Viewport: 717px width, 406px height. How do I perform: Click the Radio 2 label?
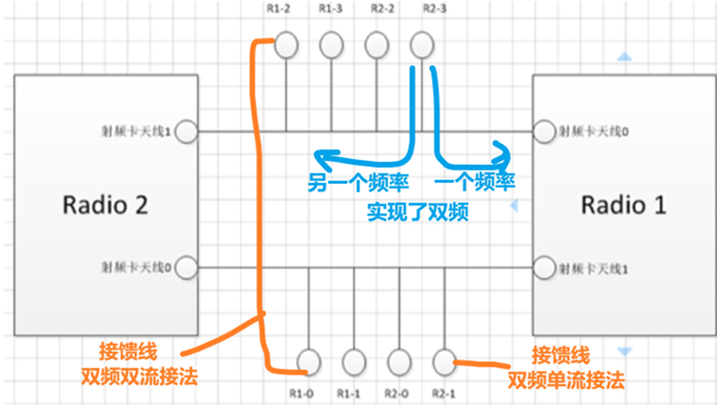pyautogui.click(x=105, y=203)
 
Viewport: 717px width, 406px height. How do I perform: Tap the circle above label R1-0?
pyautogui.click(x=309, y=360)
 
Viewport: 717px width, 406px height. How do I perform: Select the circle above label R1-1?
pyautogui.click(x=354, y=360)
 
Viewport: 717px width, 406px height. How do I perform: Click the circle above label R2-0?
pyautogui.click(x=399, y=360)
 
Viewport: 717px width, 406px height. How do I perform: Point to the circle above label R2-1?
pyautogui.click(x=444, y=360)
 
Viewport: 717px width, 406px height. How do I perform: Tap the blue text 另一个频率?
pyautogui.click(x=350, y=181)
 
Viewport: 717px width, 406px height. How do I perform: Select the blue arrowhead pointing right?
pyautogui.click(x=502, y=152)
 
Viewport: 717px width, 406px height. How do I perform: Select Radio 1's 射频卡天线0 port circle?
pyautogui.click(x=542, y=130)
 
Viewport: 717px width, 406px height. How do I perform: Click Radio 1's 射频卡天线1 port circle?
pyautogui.click(x=542, y=268)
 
